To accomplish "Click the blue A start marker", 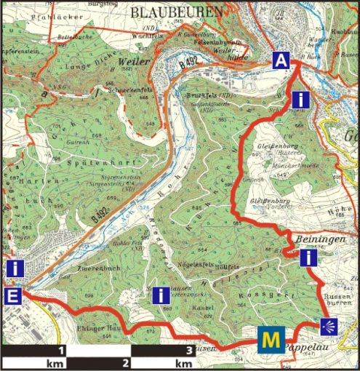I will point(281,61).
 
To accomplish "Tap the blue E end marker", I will point(12,295).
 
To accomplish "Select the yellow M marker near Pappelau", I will point(270,339).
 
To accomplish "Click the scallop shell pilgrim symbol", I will point(329,325).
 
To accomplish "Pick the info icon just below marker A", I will point(301,98).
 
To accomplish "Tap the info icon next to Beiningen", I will point(310,258).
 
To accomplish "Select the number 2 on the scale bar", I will point(127,362).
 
